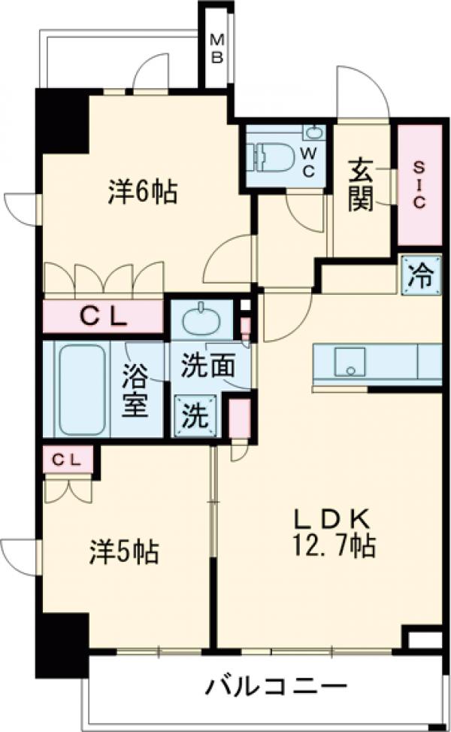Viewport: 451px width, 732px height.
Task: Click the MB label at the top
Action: [216, 47]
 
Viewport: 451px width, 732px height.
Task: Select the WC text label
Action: [309, 159]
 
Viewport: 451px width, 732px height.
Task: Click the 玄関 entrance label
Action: [361, 186]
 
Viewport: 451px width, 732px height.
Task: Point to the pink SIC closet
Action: [419, 184]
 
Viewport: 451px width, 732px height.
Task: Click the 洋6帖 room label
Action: [143, 193]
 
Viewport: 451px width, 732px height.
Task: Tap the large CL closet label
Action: [103, 317]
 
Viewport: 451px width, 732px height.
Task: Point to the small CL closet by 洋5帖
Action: [68, 460]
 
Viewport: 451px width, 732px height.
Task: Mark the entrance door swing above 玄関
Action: [362, 93]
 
